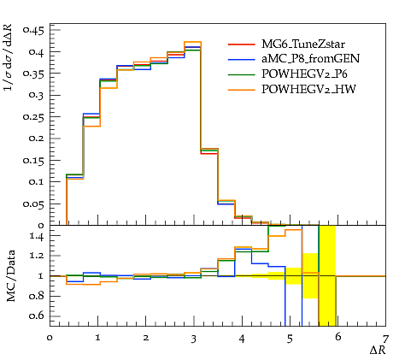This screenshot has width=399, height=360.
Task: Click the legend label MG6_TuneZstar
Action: coord(303,44)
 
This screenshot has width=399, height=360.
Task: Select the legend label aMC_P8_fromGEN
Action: coord(310,59)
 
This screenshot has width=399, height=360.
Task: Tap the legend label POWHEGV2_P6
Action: coord(304,74)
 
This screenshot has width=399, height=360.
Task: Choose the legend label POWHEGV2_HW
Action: coord(308,90)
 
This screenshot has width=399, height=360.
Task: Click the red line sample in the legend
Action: coord(242,44)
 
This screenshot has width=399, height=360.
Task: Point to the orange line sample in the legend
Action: coord(242,90)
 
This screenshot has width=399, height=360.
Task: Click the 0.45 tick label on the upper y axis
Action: coord(34,30)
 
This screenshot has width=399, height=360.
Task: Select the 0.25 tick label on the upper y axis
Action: coord(34,117)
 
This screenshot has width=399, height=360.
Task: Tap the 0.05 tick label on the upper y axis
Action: coord(34,204)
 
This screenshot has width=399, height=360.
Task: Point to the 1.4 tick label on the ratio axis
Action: coord(37,236)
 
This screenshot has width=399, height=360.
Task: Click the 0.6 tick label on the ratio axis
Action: coord(37,316)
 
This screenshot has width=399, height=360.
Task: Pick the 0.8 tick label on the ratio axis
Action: coord(37,296)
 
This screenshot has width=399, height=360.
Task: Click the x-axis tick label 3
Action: coord(194,339)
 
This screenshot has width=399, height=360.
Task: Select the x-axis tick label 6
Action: coord(337,337)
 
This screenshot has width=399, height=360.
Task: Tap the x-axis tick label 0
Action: coord(50,338)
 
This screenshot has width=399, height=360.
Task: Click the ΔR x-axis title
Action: coord(378,350)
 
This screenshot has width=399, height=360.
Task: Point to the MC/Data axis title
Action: coord(11,276)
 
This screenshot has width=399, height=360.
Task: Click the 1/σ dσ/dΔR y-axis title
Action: coord(9,57)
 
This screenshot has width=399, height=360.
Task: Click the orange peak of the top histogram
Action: coord(192,42)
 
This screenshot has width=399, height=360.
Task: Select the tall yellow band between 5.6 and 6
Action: coord(327,275)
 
